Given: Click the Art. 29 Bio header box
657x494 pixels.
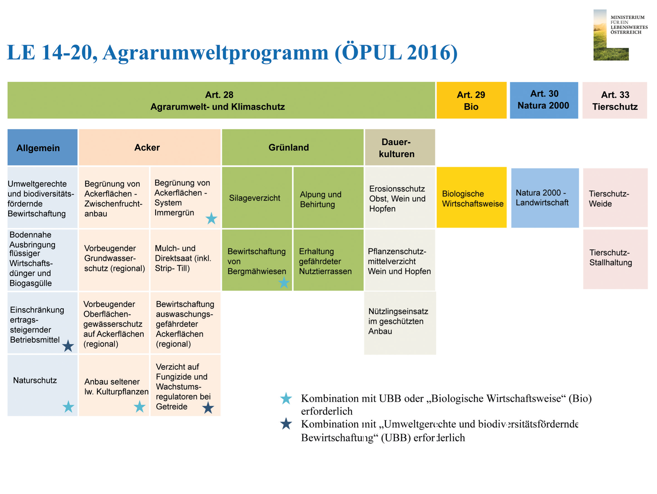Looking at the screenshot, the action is coord(471,100).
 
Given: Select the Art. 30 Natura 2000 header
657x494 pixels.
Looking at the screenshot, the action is coord(544,100).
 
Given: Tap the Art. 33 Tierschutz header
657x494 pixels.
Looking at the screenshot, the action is coord(614,100).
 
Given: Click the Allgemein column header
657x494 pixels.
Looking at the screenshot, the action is coord(43,147).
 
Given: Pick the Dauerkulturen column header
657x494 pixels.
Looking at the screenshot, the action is coord(400,147).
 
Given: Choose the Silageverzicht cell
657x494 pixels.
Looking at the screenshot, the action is coord(257,197).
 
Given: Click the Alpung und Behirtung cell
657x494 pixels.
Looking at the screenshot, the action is coord(329,197).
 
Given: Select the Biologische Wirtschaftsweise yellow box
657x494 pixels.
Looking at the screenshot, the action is coord(472,197).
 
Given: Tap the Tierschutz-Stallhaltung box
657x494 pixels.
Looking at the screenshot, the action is coord(615,259).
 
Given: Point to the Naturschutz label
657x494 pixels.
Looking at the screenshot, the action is coord(35,380).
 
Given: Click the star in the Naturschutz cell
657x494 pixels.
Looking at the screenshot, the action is coord(68,407).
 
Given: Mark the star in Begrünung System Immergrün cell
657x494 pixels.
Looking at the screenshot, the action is coord(212,218).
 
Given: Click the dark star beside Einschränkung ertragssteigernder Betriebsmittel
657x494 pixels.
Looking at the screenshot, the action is coord(68,346).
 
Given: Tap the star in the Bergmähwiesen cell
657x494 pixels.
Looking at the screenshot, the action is coord(284,282).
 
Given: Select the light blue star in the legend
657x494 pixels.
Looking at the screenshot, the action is coord(286,399).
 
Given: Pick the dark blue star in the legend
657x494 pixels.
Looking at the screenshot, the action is coord(286,424).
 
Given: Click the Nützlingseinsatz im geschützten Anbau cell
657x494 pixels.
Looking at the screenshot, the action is coord(400,323).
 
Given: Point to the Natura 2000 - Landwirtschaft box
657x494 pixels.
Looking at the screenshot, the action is coord(545,198).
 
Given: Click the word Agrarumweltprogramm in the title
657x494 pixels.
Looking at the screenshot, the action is coord(216,53).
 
